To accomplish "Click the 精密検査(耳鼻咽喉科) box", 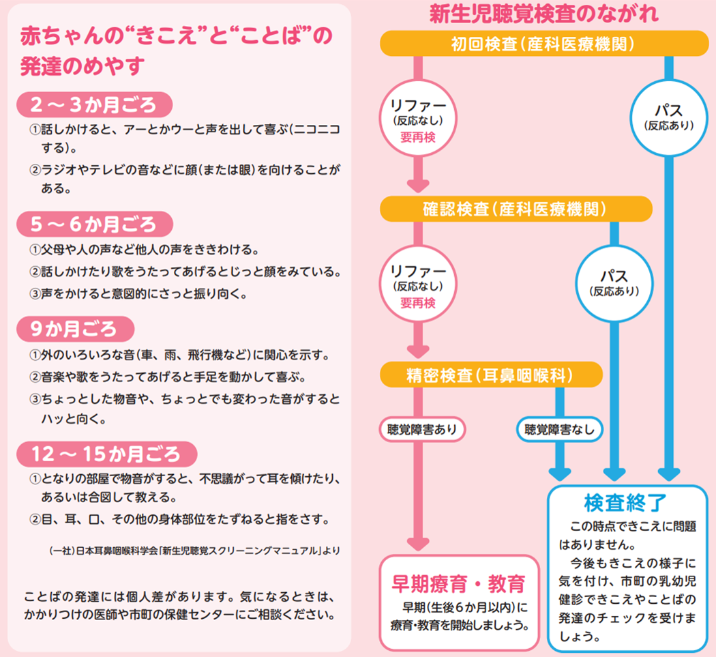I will click(491, 375).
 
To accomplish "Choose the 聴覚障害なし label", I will click(559, 430).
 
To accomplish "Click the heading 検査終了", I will click(625, 502).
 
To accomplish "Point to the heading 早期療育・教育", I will click(458, 584).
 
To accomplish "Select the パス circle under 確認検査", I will click(614, 282).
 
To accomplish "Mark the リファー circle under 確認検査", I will click(418, 285).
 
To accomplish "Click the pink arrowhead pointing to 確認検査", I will click(418, 184).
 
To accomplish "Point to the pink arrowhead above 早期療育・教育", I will click(418, 543).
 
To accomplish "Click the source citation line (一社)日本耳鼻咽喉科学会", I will click(194, 550).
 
